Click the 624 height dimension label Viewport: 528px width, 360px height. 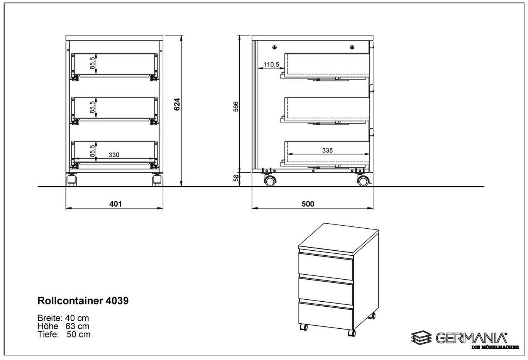point(177,104)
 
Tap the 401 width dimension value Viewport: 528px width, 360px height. point(115,204)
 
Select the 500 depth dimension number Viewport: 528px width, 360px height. point(308,204)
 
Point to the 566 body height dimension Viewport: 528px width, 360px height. point(236,106)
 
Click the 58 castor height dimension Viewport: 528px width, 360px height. point(236,178)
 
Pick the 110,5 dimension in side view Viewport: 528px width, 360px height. point(271,65)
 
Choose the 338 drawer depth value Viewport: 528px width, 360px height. point(327,150)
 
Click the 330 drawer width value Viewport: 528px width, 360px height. point(114,155)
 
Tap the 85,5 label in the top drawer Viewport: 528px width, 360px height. point(93,63)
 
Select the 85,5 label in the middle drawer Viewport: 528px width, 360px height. point(93,107)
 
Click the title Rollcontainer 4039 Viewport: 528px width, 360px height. point(83,301)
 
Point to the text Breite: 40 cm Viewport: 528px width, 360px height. point(63,318)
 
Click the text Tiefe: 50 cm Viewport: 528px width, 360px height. point(64,334)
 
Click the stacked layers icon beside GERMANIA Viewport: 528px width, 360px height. point(421,338)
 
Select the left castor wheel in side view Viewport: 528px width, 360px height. point(270,181)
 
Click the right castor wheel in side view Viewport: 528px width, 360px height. point(363,181)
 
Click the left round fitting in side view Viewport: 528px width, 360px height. point(274,48)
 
